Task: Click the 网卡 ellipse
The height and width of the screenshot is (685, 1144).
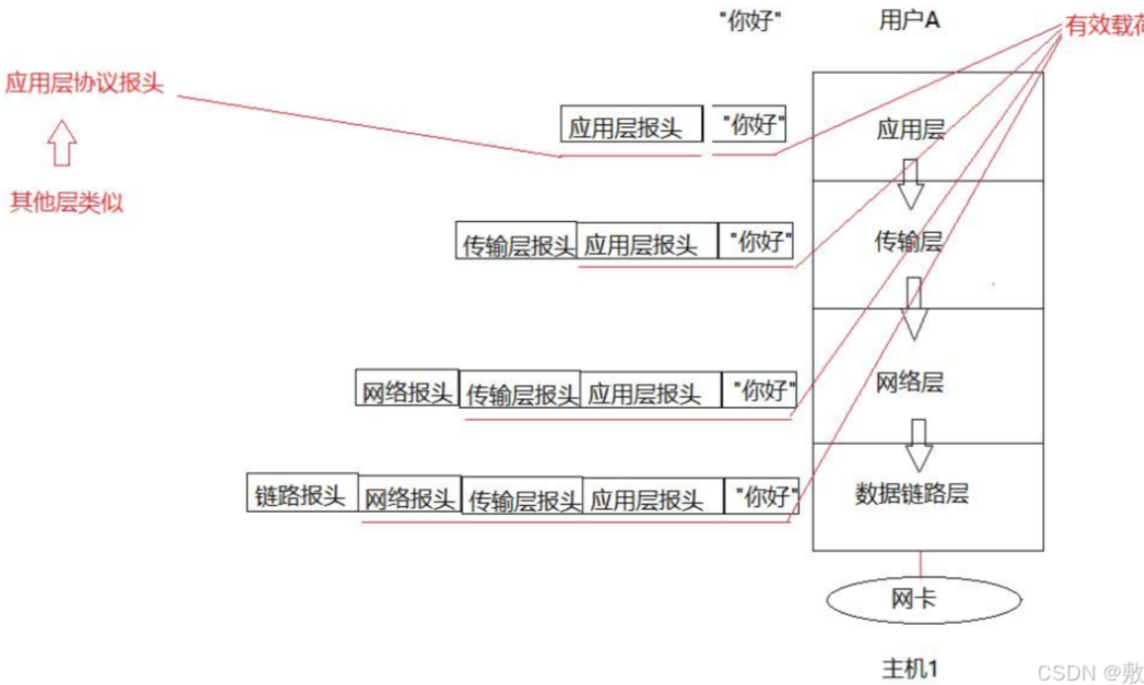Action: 923,599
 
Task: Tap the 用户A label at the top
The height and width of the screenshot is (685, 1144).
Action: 909,20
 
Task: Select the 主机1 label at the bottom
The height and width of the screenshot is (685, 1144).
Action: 909,668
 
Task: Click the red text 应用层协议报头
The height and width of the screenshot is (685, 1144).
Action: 84,83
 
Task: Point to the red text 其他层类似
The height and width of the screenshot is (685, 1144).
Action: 67,202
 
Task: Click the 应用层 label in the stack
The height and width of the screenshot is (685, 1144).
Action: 911,130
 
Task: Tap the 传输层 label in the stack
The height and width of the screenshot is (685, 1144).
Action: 908,241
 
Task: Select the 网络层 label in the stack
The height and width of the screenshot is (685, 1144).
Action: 910,381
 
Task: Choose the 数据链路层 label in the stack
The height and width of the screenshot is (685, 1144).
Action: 911,493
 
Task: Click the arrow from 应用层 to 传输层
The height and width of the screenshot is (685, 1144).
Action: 911,184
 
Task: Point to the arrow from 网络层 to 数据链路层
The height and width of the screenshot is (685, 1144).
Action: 919,444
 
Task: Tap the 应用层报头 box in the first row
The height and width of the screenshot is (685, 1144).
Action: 631,124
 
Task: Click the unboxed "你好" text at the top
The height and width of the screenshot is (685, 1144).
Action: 749,21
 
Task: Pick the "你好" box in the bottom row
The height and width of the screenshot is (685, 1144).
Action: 761,496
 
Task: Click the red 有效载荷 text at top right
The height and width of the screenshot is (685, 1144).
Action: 1103,26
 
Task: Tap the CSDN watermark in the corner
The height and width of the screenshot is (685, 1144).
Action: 1089,672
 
